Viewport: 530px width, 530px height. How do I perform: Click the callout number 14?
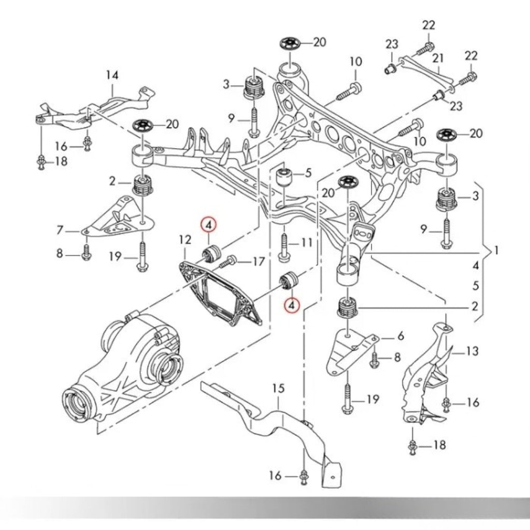(x=112, y=76)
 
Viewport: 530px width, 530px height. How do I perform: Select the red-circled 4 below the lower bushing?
(x=291, y=305)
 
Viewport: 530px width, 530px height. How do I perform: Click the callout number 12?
(x=185, y=240)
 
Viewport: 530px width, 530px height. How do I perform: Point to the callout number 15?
(x=278, y=388)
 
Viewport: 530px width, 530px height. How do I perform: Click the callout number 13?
(x=472, y=352)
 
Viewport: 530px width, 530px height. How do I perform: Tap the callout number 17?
(x=258, y=262)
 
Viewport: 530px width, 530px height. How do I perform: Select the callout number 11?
(x=307, y=242)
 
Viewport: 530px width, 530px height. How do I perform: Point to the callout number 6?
(x=400, y=336)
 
